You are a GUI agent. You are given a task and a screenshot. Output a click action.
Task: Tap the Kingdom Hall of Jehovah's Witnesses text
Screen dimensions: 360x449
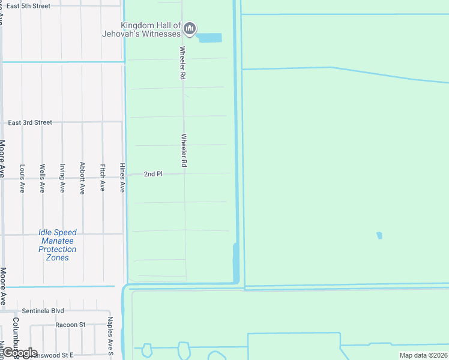click(x=151, y=29)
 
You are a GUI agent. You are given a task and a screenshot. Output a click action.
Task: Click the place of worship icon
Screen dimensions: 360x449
click(x=190, y=28)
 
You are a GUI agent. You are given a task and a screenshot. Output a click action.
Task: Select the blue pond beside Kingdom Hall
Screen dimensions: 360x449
click(x=209, y=38)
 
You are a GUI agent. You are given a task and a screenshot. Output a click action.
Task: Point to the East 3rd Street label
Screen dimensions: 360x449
click(x=30, y=122)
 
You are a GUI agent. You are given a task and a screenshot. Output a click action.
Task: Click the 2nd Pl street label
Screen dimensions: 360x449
click(x=153, y=174)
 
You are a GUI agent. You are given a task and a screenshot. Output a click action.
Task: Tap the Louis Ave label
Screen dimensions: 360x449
click(x=22, y=178)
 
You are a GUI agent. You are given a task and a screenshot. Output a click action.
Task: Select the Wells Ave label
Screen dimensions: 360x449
click(x=42, y=178)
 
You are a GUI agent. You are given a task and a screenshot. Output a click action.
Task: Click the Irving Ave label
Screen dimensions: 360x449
click(x=62, y=178)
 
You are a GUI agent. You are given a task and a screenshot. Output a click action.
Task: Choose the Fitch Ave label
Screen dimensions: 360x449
click(x=103, y=178)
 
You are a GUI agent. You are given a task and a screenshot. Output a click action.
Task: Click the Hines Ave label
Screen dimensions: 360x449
click(x=122, y=178)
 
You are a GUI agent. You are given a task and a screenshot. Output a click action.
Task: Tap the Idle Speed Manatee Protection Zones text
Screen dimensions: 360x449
click(x=58, y=245)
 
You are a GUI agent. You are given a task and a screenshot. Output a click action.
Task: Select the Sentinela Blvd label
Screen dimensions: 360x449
click(x=43, y=311)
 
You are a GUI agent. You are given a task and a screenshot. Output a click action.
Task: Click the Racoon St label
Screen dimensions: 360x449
click(x=70, y=325)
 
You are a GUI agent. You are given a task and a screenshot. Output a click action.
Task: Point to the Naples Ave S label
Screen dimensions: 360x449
click(x=110, y=336)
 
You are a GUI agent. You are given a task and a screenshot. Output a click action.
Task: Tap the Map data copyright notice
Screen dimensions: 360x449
click(x=423, y=355)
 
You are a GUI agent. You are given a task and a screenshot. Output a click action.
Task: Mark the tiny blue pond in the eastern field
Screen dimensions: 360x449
click(x=379, y=235)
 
